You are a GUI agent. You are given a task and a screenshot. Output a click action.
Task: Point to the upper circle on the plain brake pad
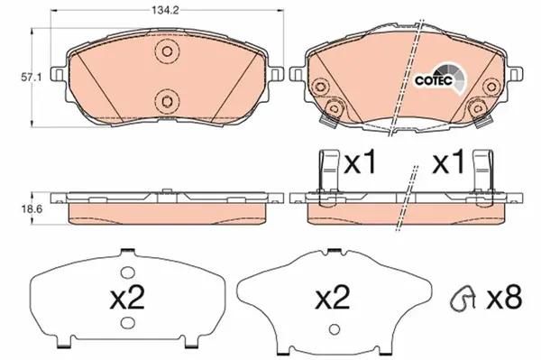coord(164,51)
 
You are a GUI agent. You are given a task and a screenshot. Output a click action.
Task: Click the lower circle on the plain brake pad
coord(164,100)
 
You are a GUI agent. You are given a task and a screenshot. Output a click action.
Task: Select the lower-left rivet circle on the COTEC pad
coord(334,109)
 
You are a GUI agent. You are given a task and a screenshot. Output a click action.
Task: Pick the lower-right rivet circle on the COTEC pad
coord(475,109)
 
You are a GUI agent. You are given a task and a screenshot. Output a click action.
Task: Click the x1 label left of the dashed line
coord(361,166)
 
